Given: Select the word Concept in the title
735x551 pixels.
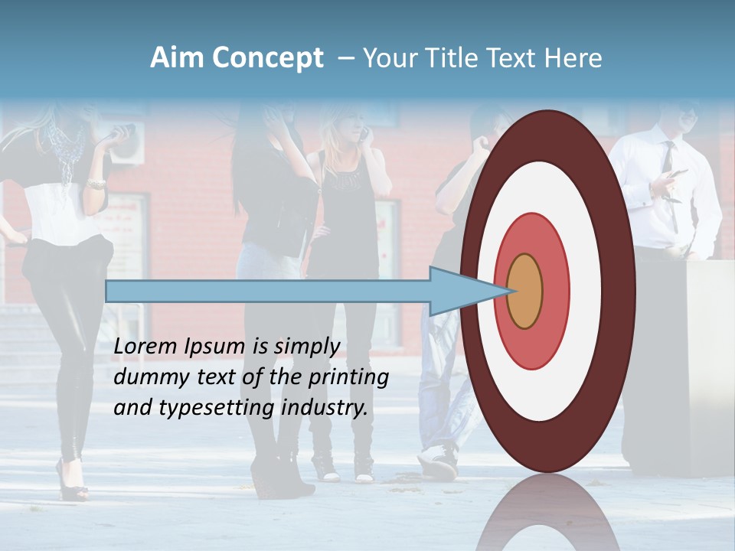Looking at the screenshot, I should coord(267,59).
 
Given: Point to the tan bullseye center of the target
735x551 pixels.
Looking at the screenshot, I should coord(525,291).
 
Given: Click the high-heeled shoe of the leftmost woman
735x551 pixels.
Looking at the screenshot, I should coord(72,482).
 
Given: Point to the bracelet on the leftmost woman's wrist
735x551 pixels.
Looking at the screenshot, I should coord(96,184).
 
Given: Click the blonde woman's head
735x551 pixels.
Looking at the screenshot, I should coord(348,122).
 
